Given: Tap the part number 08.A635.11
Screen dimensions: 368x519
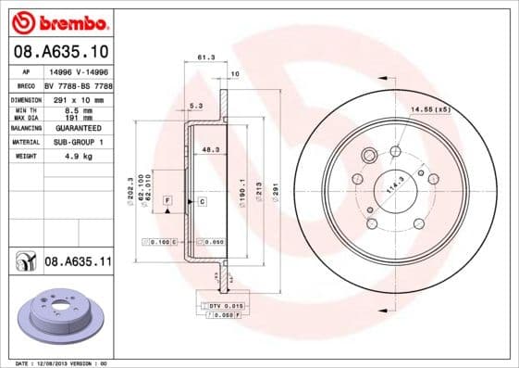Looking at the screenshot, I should tap(78, 262).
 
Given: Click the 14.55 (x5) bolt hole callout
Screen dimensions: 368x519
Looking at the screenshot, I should tap(429, 110).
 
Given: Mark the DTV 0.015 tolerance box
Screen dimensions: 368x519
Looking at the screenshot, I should tap(226, 305).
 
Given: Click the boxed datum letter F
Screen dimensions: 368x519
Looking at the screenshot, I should tap(167, 200).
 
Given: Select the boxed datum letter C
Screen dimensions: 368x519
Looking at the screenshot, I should tap(201, 200).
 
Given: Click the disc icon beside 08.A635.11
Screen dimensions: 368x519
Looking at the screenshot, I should tap(25, 262).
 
